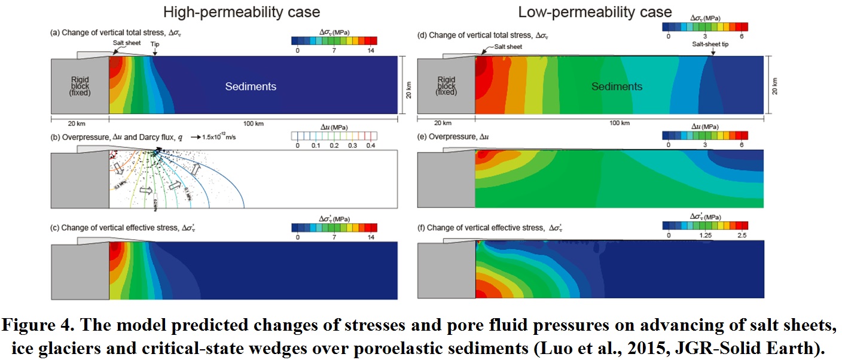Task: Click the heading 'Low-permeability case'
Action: tap(594, 11)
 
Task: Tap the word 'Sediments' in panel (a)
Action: tap(251, 87)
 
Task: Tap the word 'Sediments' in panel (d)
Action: tap(617, 87)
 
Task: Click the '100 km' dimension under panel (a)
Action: tap(252, 124)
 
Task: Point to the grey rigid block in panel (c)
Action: tap(79, 272)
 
